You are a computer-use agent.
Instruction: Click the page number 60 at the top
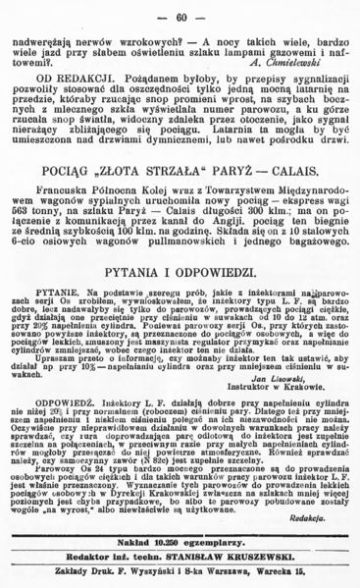point(180,17)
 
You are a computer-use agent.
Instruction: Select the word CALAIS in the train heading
point(264,187)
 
